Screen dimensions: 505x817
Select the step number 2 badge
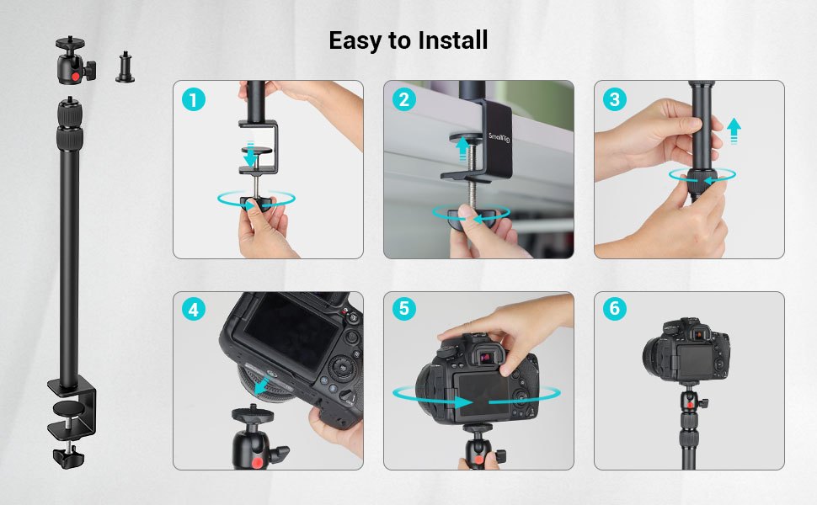[x=403, y=99]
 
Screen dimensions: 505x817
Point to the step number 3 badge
[x=614, y=99]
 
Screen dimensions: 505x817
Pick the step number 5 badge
[x=403, y=310]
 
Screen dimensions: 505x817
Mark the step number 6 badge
[x=614, y=310]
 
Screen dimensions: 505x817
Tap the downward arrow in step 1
[x=249, y=157]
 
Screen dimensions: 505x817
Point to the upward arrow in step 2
[x=462, y=148]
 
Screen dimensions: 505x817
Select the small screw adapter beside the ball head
[x=125, y=66]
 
